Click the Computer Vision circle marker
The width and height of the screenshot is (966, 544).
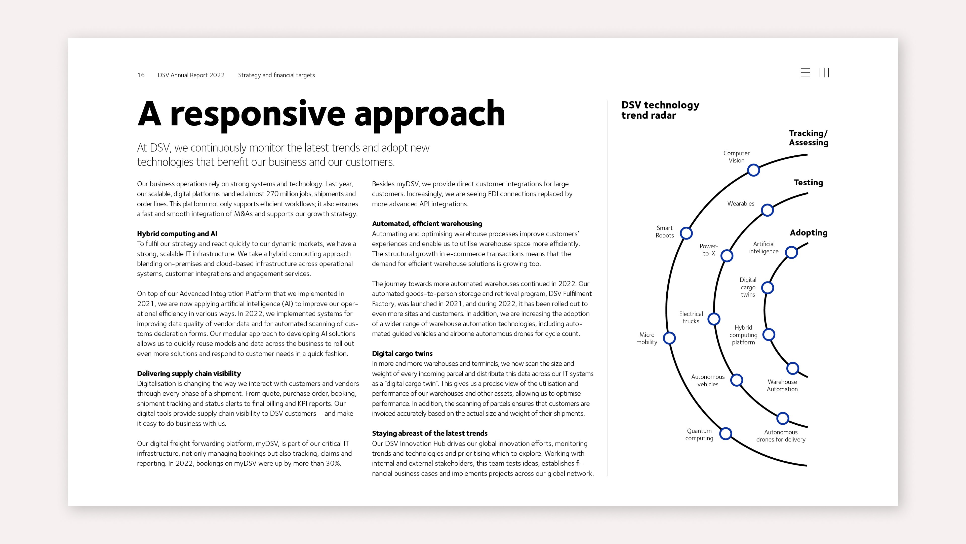tap(753, 170)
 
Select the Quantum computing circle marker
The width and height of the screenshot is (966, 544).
tap(726, 434)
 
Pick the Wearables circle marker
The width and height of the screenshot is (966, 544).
tap(767, 210)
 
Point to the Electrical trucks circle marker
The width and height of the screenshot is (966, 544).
tap(714, 319)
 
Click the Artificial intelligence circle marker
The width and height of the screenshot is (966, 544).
tap(791, 252)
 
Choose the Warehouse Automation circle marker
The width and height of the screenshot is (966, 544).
tap(792, 368)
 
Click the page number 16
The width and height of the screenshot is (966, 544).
tap(141, 75)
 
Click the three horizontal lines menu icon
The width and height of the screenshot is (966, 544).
tap(805, 73)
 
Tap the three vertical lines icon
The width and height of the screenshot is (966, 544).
tap(824, 73)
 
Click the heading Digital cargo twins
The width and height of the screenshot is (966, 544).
tap(402, 354)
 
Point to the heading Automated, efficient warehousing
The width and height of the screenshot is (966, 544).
tap(427, 224)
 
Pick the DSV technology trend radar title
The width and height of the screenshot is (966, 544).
tap(660, 110)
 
